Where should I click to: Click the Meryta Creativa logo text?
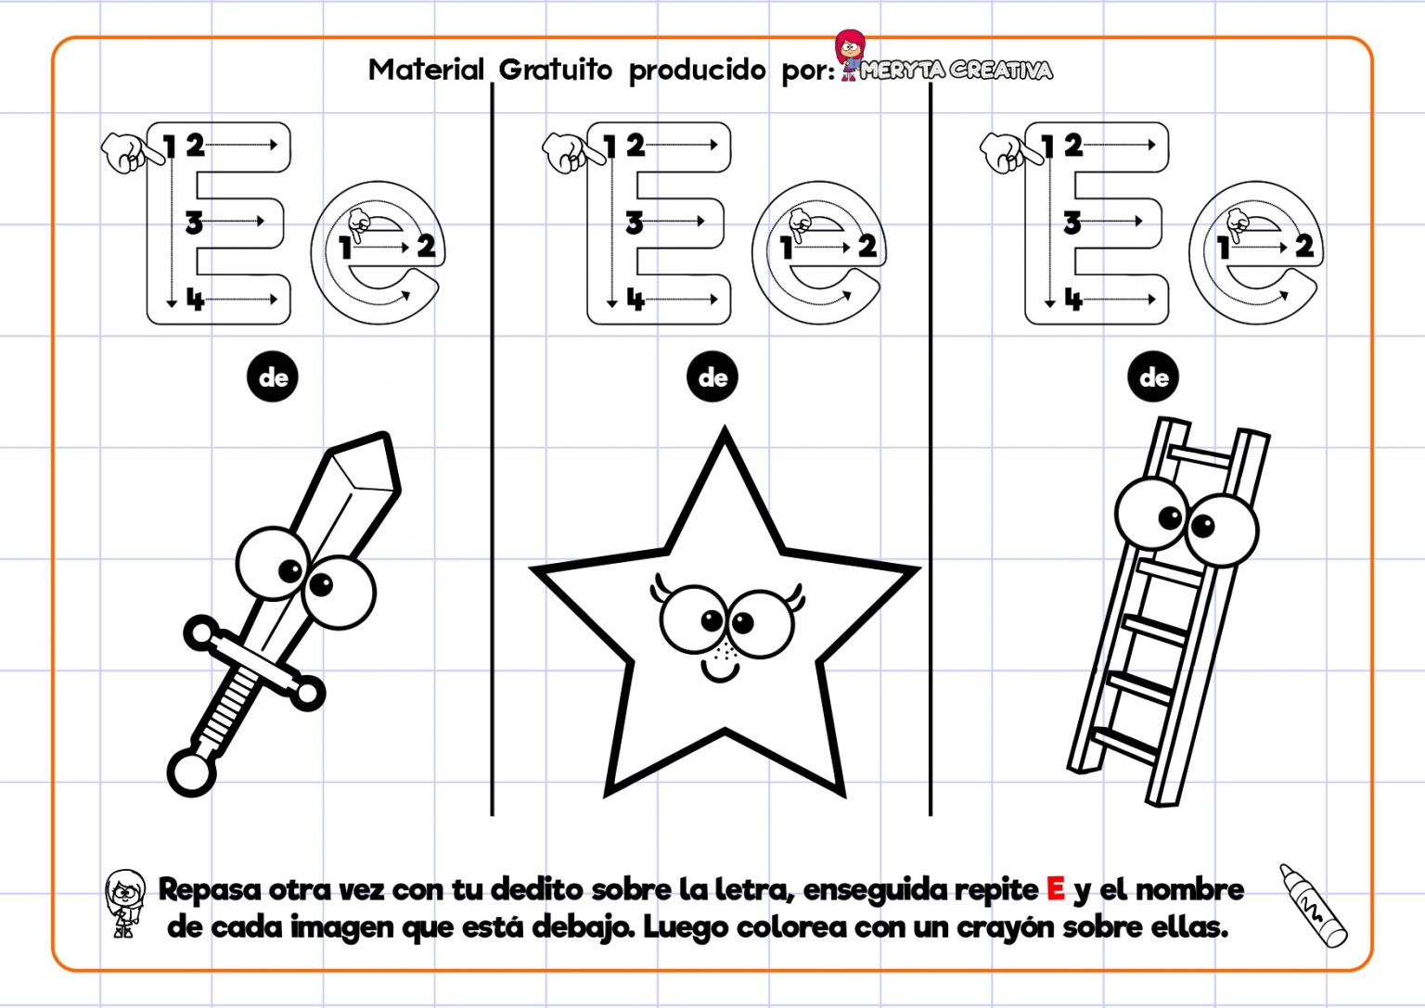(x=956, y=70)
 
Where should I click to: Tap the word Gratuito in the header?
(x=555, y=70)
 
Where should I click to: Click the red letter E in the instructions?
(x=1055, y=888)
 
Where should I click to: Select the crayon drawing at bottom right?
(x=1312, y=905)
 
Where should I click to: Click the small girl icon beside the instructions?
(x=125, y=902)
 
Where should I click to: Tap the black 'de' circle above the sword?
(x=273, y=377)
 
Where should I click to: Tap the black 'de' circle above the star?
(x=712, y=377)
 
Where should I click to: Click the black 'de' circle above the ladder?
(x=1153, y=377)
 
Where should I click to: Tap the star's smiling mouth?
(x=719, y=670)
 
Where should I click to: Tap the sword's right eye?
(x=338, y=591)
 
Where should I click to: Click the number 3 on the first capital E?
(x=193, y=223)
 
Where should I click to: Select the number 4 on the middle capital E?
(x=635, y=300)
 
